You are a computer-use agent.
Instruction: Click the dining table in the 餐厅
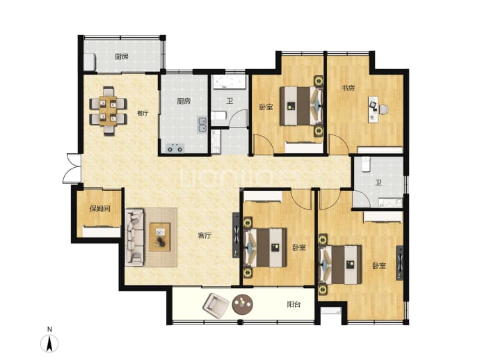click(108, 111)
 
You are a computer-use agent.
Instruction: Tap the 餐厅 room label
click(143, 113)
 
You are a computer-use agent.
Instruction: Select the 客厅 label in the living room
click(205, 235)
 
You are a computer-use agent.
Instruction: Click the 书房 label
click(348, 88)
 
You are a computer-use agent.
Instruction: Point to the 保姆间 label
click(99, 209)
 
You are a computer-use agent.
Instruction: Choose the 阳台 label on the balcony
click(294, 304)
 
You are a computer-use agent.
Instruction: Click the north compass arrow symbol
click(49, 343)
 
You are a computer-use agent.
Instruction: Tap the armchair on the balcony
click(216, 306)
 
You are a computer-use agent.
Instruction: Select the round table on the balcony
click(243, 304)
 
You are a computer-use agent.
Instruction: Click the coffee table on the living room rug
click(160, 237)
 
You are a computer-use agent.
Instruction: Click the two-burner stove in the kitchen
click(175, 148)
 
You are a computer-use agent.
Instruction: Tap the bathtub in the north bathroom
click(230, 82)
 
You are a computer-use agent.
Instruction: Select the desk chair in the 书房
click(383, 109)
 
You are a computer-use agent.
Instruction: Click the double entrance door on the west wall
click(72, 169)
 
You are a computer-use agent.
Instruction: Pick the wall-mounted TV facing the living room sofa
click(236, 235)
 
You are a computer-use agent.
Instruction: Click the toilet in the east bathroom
click(366, 164)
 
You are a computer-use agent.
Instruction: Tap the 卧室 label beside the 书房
click(266, 107)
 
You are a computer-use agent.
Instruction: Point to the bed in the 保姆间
click(102, 231)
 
